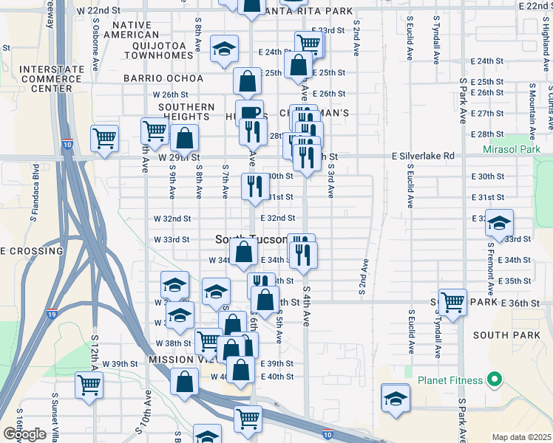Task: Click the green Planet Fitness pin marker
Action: pos(494,381)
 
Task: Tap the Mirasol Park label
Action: pos(516,149)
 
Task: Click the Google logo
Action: pos(24,434)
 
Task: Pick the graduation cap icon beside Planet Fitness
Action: pos(396,397)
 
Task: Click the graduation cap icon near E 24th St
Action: pos(223,49)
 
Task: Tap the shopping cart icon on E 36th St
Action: pos(452,301)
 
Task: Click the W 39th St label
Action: pos(120,364)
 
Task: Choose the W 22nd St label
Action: pos(98,10)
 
